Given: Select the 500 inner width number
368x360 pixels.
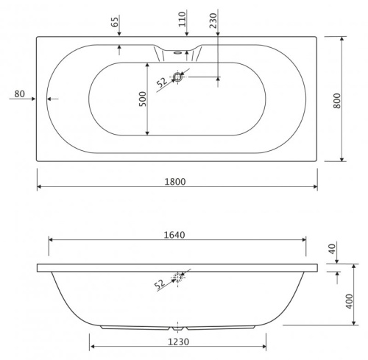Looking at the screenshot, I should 143,99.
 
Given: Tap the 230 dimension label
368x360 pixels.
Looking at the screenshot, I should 213,20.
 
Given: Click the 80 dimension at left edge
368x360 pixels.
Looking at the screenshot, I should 20,93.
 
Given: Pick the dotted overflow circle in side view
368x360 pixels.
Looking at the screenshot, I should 177,277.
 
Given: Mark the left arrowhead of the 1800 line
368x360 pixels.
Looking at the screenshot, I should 39,187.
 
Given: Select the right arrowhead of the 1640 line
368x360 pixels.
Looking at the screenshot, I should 304,239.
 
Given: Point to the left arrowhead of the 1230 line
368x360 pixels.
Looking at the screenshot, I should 92,345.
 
